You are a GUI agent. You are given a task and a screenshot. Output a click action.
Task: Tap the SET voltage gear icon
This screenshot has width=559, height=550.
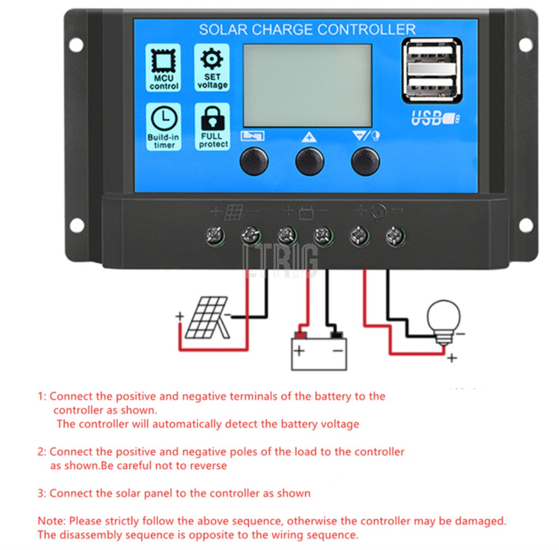[x=212, y=58]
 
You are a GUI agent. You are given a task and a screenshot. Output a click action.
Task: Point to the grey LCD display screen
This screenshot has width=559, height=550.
[x=307, y=85]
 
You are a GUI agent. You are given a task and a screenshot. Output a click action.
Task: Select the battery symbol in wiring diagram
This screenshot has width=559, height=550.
[x=319, y=350]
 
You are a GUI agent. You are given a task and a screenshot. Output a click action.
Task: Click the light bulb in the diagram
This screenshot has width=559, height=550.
[x=444, y=319]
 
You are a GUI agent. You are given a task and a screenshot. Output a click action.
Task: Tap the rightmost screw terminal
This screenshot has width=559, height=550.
[x=395, y=236]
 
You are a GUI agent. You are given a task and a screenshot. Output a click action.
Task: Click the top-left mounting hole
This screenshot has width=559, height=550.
[x=76, y=45]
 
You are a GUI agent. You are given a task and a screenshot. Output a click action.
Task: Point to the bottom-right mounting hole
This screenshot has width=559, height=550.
[x=525, y=225]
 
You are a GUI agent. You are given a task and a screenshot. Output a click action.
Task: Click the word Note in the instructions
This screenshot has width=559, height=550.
[x=50, y=521]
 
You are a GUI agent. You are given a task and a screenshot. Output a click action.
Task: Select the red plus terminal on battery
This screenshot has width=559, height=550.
[x=300, y=335]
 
